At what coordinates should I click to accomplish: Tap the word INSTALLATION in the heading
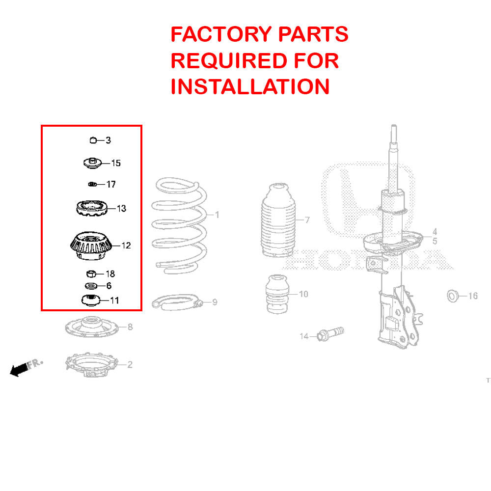250,87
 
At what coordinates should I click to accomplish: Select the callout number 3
108,140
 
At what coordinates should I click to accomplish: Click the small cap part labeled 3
93,140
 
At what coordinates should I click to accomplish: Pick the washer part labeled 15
92,163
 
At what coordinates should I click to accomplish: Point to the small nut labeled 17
91,184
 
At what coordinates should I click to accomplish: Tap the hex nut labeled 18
91,273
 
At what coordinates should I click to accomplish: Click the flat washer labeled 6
91,286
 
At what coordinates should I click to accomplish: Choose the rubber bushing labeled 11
90,300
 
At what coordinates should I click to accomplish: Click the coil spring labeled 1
179,223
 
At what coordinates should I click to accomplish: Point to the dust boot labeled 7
277,221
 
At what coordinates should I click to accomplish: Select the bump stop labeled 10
277,295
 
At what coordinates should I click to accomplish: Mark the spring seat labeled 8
91,327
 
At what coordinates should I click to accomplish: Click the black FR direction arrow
19,370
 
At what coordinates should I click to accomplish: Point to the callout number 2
130,364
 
